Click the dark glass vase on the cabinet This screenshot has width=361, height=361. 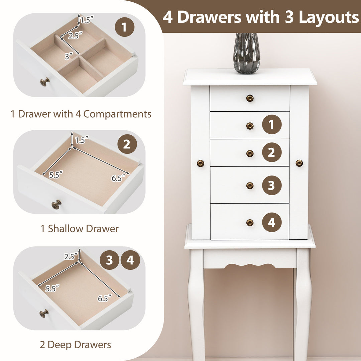pos(247,53)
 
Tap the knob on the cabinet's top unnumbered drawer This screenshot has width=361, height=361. pos(250,98)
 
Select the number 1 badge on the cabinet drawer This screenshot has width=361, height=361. pos(272,125)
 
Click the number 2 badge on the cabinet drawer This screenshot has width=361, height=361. pos(272,152)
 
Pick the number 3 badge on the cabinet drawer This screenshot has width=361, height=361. pos(272,185)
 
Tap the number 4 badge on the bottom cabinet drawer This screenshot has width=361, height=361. pos(272,222)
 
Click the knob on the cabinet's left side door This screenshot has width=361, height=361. pos(200,163)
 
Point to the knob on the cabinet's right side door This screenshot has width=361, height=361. pos(299,163)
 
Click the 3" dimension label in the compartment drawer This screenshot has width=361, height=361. pos(69,56)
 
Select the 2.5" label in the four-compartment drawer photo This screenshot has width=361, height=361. pos(75,36)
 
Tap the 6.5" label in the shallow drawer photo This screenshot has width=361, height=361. pos(118,178)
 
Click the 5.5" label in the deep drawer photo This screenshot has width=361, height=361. pos(52,288)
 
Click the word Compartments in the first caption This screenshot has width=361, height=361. pos(117,114)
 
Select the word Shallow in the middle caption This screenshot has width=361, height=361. pos(66,229)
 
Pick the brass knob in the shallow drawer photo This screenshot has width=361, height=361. pos(56,205)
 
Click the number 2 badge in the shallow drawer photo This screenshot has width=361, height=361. pos(127,144)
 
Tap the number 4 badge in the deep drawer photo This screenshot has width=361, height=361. pos(130,260)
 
